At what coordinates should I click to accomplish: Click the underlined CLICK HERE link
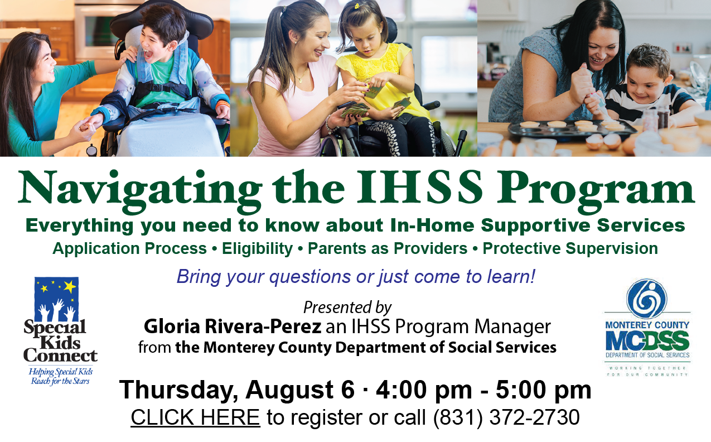point(195,417)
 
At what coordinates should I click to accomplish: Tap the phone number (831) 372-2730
point(506,417)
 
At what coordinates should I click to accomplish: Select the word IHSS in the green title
point(419,187)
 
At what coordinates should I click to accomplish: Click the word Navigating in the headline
point(140,191)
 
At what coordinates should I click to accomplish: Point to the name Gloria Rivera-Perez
point(233,326)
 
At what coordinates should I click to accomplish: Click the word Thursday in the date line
point(178,390)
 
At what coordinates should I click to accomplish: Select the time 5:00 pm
point(544,390)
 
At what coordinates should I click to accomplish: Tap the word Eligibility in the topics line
point(257,249)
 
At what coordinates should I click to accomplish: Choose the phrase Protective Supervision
point(570,248)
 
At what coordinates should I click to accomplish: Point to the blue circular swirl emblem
point(646,299)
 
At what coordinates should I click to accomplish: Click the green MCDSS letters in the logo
point(647,340)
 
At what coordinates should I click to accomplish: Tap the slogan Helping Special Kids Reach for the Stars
point(60,376)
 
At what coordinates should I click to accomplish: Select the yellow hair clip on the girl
point(357,6)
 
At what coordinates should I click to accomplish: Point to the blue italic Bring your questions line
point(356,276)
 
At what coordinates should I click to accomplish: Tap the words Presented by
point(347,308)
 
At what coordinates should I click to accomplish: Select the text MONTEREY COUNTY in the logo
point(647,325)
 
